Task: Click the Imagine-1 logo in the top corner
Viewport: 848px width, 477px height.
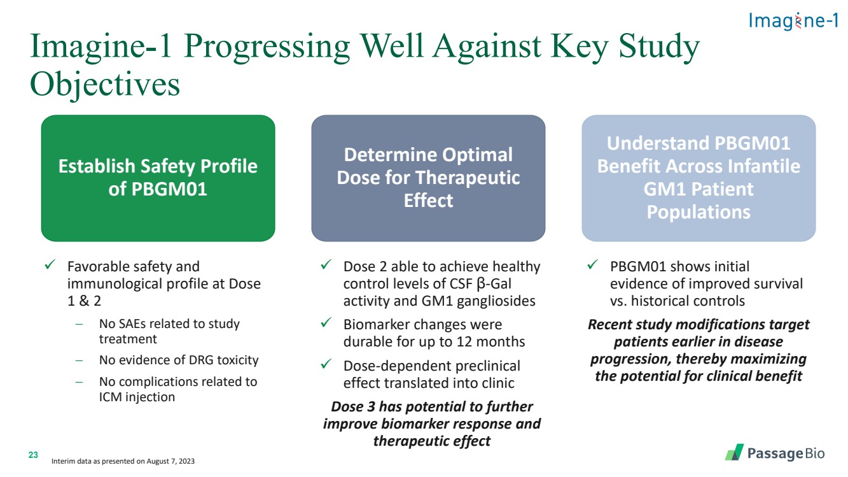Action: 793,21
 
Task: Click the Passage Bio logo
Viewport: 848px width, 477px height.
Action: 775,453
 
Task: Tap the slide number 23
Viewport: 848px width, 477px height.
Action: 33,455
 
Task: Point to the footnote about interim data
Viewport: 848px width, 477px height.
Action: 123,461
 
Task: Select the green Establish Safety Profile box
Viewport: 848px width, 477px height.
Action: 158,178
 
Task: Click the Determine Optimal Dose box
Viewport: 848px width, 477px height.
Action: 428,178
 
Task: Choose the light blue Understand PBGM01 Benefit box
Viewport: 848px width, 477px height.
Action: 699,178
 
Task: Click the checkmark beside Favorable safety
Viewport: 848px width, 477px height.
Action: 50,264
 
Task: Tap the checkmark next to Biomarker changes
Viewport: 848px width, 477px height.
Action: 326,322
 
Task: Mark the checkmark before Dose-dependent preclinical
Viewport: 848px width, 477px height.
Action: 326,364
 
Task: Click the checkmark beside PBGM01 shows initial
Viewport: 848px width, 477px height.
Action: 593,264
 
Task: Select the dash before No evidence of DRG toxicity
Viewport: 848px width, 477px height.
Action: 79,360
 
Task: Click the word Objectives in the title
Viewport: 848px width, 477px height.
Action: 105,84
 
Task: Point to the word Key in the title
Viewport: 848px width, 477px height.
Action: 580,47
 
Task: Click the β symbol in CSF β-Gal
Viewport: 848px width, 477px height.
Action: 481,284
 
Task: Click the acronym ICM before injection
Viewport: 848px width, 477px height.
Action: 110,397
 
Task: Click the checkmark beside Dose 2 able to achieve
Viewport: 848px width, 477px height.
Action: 326,264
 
